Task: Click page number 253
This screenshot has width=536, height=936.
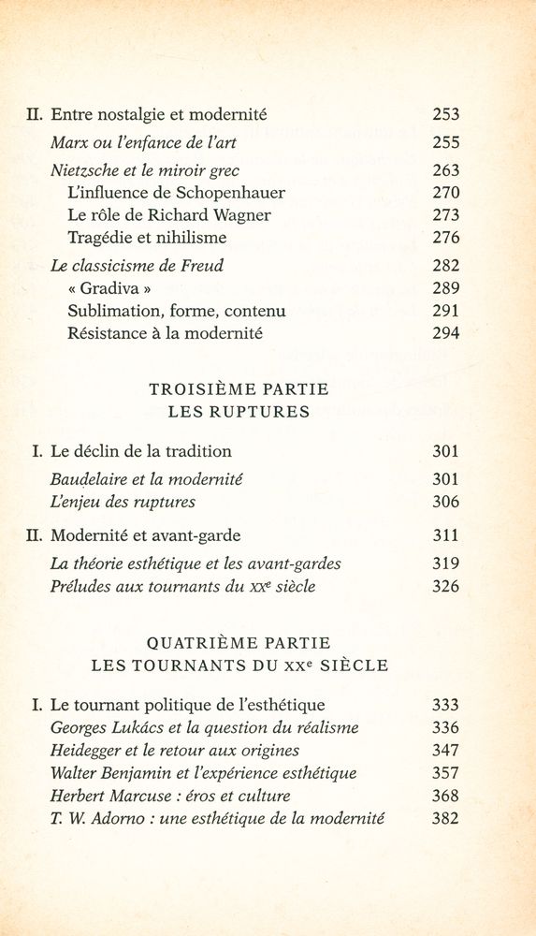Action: (446, 116)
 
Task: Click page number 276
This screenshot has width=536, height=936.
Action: (446, 238)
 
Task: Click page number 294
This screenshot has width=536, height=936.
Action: (446, 333)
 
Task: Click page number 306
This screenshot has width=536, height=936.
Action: (446, 502)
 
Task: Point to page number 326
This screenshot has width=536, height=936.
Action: (446, 587)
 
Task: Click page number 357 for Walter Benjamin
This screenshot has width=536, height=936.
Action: (446, 773)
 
